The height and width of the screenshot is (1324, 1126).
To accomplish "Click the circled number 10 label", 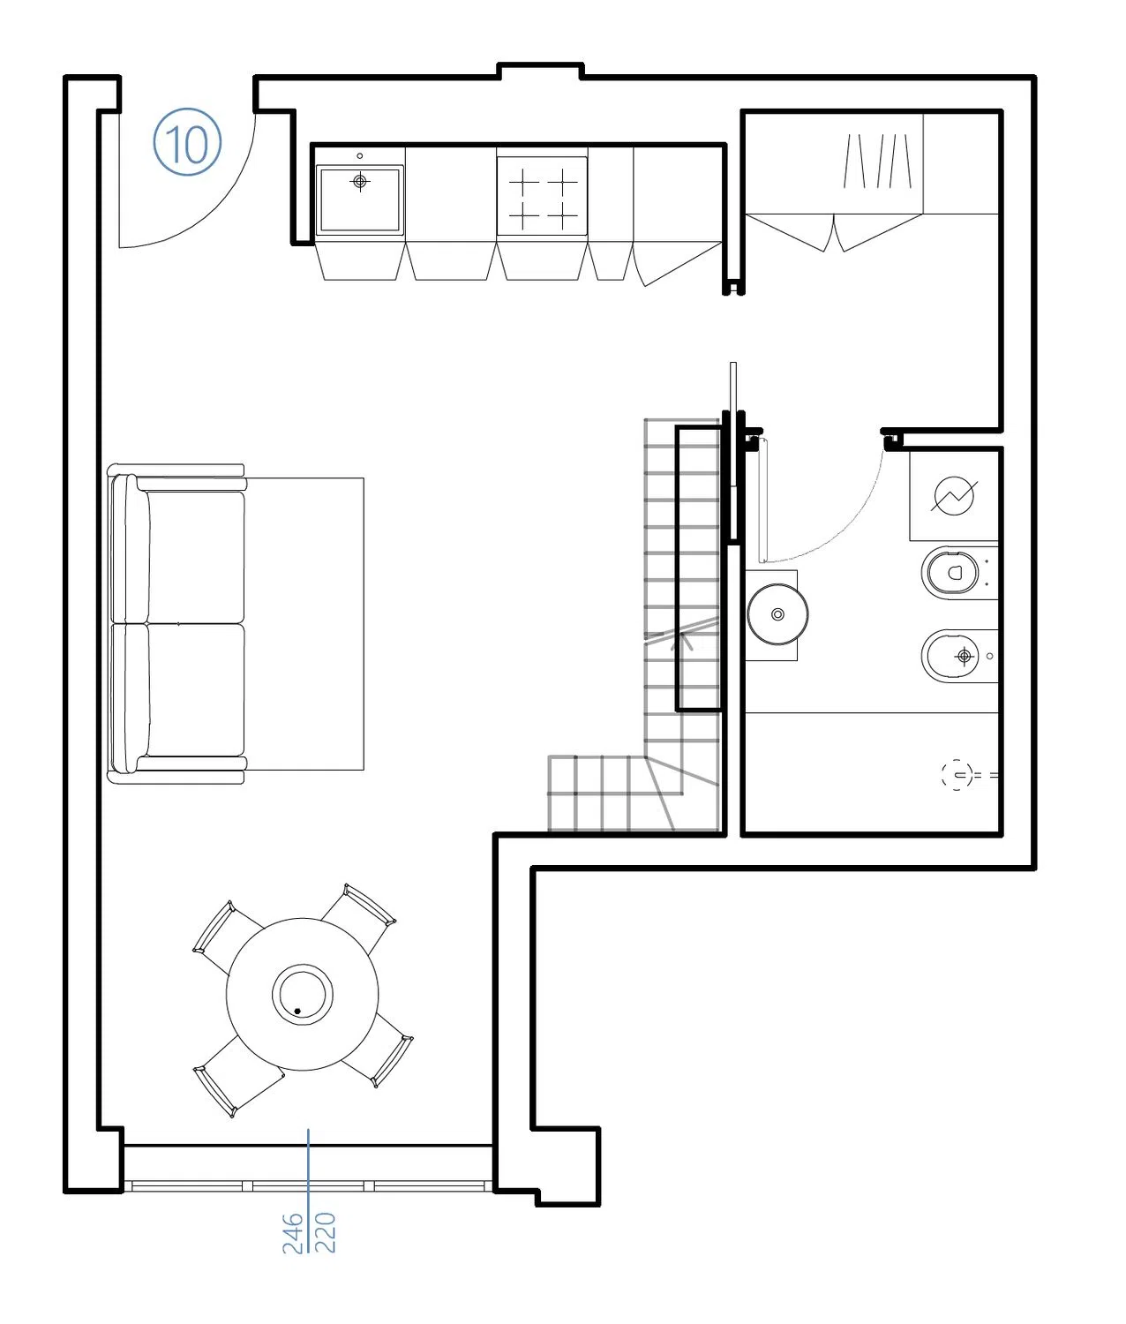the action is pos(187,141).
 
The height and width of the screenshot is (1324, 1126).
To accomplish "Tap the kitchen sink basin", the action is pos(359,199).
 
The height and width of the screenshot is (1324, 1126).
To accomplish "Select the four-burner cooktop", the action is pos(542,196).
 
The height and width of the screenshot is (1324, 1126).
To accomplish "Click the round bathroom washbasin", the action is pos(777,614).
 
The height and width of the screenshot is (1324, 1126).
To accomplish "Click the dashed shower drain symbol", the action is pos(957,774).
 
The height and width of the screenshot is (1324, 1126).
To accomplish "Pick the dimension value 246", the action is pos(292,1232).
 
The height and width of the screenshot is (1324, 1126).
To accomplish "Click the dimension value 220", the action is pos(326,1232).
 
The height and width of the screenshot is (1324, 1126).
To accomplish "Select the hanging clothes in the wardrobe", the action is pos(877,161).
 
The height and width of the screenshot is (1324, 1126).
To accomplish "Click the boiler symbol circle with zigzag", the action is pos(954,496).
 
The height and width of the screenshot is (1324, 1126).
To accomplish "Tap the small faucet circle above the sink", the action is pos(359,155).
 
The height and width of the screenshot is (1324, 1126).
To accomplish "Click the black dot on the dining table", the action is pos(297,1011).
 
